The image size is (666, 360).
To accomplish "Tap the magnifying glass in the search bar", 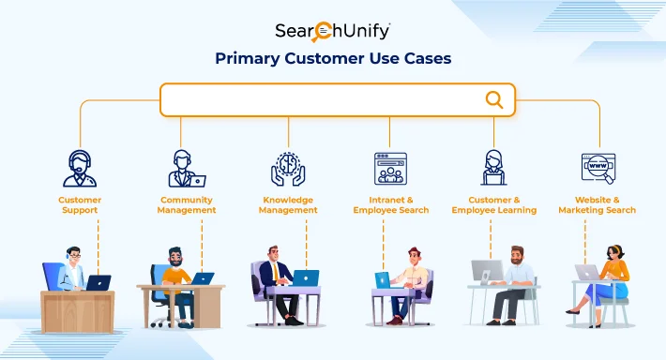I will click(493, 99).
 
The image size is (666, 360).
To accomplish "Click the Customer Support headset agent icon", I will click(80, 169).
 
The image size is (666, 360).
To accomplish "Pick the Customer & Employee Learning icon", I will click(494, 169).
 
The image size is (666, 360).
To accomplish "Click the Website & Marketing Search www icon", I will click(597, 169).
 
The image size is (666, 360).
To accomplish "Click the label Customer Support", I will click(80, 204).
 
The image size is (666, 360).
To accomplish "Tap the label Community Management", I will click(187, 204).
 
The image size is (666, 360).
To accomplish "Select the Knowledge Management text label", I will click(288, 204).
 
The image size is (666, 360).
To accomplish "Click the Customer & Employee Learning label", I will click(494, 204).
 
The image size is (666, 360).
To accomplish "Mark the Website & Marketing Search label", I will click(597, 204).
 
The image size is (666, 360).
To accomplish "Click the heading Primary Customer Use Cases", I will click(333, 58).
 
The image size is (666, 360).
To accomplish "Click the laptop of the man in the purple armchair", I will click(305, 278).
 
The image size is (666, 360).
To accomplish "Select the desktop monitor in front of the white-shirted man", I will click(486, 273).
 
